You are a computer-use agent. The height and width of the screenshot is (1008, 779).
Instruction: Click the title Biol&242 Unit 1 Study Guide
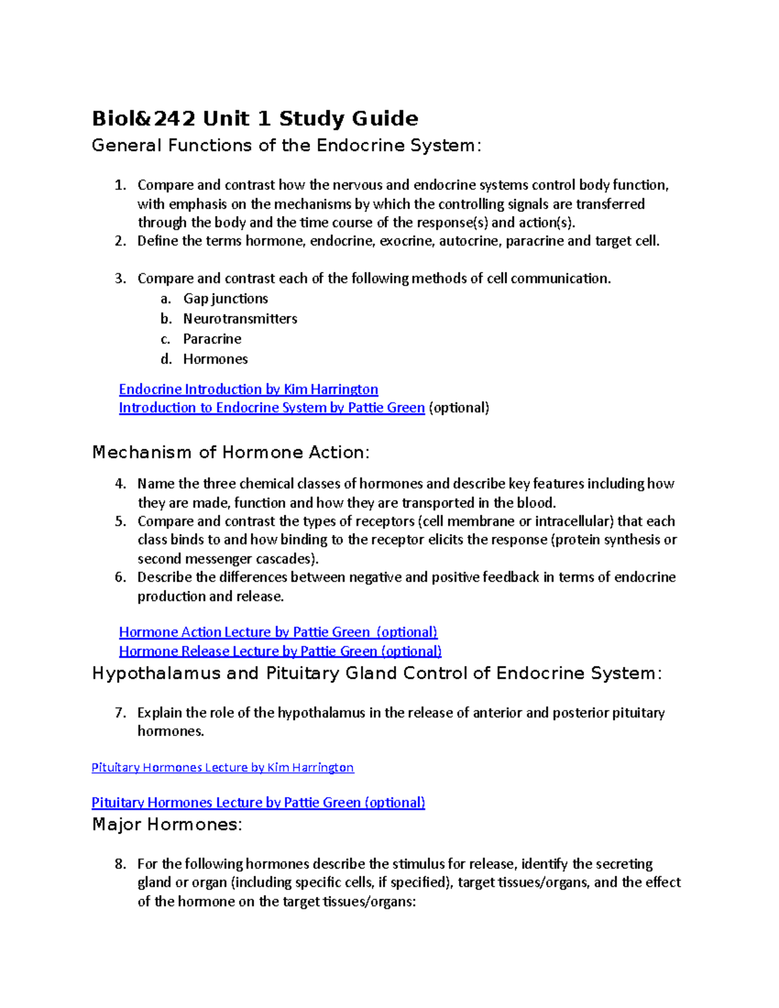pyautogui.click(x=254, y=119)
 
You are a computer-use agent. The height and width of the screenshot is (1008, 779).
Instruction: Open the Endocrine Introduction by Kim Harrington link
pyautogui.click(x=248, y=389)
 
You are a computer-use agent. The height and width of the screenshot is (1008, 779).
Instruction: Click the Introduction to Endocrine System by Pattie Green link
pyautogui.click(x=271, y=408)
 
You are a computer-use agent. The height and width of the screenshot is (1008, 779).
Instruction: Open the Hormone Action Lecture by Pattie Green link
pyautogui.click(x=278, y=632)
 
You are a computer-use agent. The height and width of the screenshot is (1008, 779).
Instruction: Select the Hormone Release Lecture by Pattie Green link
pyautogui.click(x=280, y=651)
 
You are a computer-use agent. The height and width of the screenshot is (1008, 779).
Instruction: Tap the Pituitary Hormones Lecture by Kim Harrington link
pyautogui.click(x=223, y=768)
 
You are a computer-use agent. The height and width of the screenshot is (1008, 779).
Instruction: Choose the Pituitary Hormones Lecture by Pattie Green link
pyautogui.click(x=258, y=803)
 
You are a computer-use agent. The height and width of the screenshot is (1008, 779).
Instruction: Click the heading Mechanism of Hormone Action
pyautogui.click(x=230, y=452)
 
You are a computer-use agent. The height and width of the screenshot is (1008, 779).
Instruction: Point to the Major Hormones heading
pyautogui.click(x=167, y=825)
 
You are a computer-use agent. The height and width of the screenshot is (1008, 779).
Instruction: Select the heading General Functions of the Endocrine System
pyautogui.click(x=286, y=145)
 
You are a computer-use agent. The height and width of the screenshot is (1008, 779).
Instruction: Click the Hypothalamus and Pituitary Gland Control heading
pyautogui.click(x=377, y=674)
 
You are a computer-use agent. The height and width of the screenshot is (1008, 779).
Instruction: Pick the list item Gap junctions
pyautogui.click(x=225, y=299)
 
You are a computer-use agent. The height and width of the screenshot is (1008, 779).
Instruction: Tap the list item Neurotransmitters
pyautogui.click(x=240, y=319)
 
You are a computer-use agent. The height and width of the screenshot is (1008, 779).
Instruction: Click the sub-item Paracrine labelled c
pyautogui.click(x=212, y=339)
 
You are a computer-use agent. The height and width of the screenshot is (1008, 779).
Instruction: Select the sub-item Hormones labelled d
pyautogui.click(x=216, y=359)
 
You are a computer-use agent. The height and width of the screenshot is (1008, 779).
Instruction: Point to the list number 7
pyautogui.click(x=120, y=713)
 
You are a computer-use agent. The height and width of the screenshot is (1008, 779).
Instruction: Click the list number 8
pyautogui.click(x=120, y=864)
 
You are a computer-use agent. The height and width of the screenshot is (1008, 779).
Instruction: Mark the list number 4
pyautogui.click(x=120, y=484)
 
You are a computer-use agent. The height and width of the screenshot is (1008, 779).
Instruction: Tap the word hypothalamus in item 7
pyautogui.click(x=321, y=713)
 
